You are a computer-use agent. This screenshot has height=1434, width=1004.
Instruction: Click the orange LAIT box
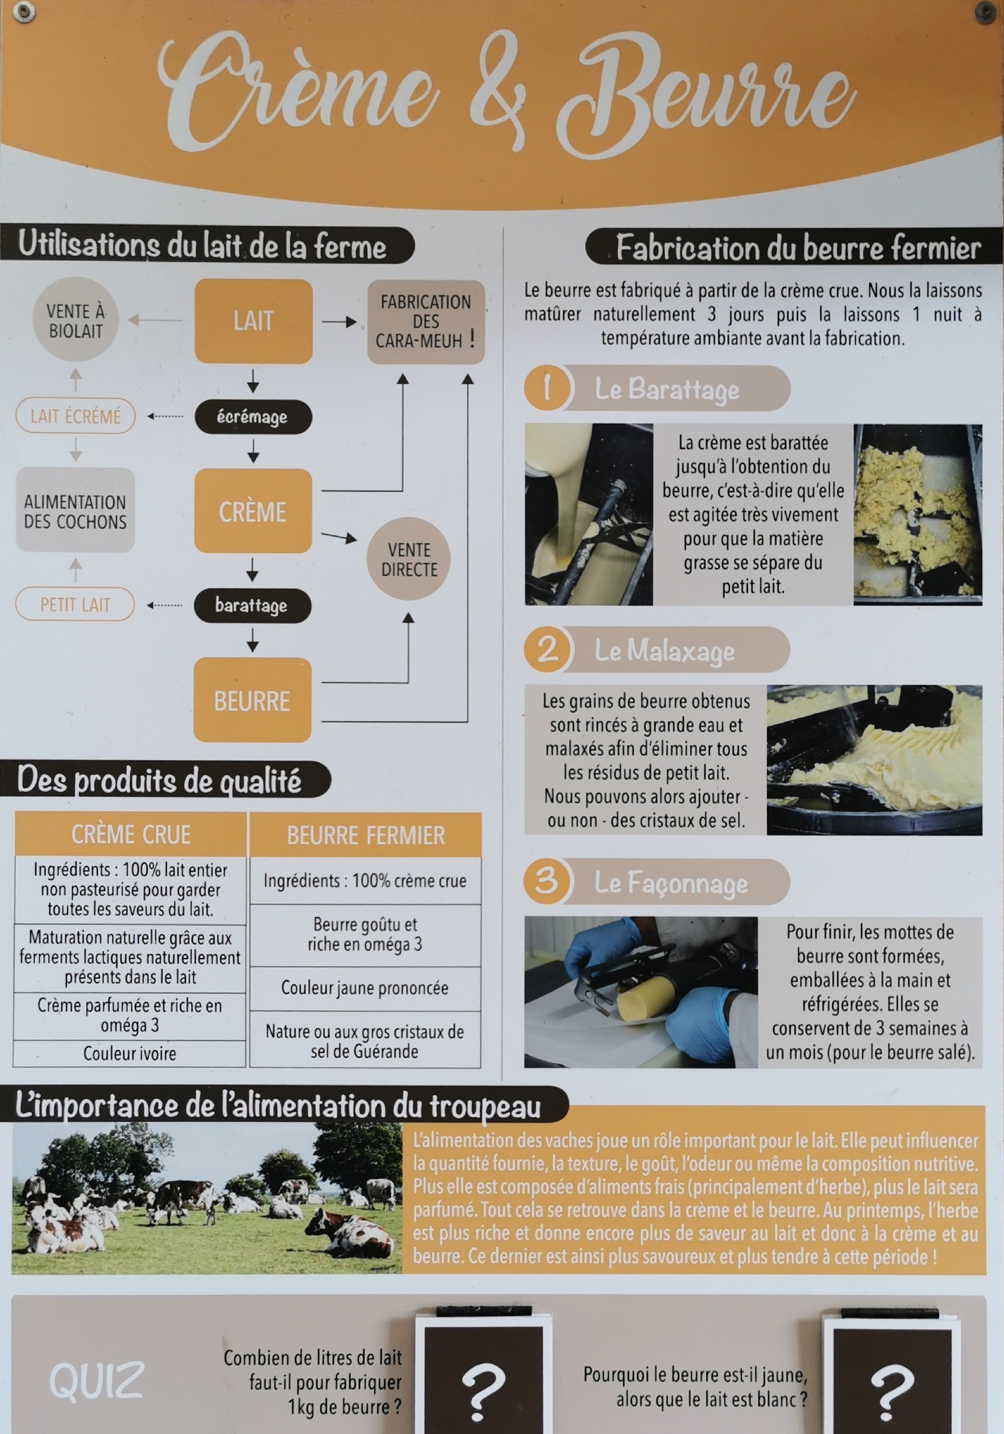pos(253,321)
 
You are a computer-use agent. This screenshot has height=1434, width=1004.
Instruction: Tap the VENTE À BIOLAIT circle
pos(75,320)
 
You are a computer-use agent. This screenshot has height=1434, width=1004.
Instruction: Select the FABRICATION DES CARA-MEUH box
pos(426,322)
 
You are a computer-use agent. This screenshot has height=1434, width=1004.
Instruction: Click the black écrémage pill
pos(252,417)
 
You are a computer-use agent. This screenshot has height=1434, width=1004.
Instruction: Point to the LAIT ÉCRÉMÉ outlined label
pos(75,416)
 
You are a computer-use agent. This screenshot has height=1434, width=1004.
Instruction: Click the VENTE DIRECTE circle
pos(409,559)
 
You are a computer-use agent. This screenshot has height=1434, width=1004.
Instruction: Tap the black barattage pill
pos(252,605)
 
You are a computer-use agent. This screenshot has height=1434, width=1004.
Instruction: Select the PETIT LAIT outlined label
pos(75,604)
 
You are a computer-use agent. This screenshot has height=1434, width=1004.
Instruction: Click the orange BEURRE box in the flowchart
pos(252,701)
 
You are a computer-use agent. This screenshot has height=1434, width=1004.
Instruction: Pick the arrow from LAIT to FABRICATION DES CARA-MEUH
pos(339,322)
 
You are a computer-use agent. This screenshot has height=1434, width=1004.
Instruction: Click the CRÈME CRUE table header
pos(131,834)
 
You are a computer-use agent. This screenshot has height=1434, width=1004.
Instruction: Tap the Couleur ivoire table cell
pos(130,1054)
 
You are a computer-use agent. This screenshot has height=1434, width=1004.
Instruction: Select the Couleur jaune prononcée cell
pos(365,988)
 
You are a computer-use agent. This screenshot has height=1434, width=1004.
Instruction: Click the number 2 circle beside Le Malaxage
pos(547,650)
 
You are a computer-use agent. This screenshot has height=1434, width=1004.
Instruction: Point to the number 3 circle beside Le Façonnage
pos(547,881)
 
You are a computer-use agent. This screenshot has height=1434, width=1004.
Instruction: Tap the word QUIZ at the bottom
pos(97,1381)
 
